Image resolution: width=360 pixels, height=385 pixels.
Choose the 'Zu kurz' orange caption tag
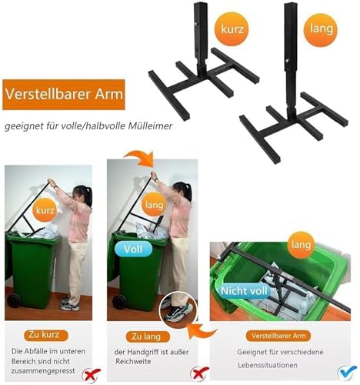[45, 336]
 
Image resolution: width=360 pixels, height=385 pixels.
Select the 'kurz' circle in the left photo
[44, 209]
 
